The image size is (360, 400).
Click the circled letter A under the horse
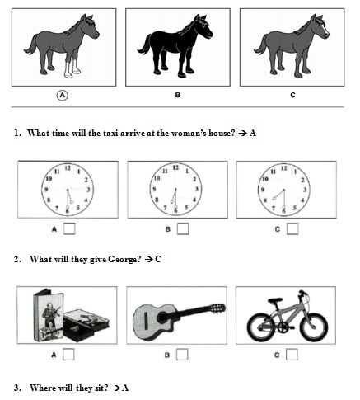63,96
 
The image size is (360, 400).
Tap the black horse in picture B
175,46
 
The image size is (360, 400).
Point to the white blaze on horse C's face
325,30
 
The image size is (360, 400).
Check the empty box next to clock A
69,228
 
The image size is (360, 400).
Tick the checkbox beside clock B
183,228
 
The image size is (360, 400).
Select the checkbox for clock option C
292,228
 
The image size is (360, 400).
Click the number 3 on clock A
88,190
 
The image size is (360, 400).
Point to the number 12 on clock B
175,167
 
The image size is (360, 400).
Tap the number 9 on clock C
263,190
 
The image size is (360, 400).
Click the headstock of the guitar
217,308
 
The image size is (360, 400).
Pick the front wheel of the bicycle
314,327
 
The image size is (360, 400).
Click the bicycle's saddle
275,300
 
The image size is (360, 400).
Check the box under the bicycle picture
292,355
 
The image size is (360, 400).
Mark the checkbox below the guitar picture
182,355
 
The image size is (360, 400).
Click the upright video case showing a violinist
49,315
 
